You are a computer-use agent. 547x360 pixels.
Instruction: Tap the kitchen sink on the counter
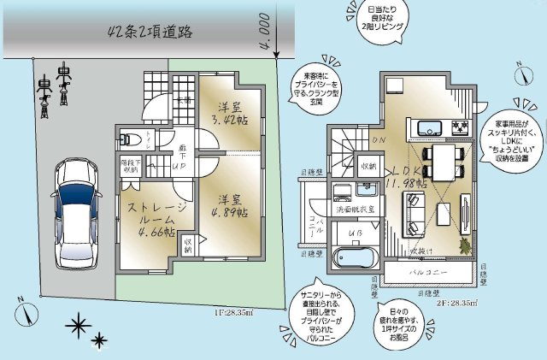coord(428,129)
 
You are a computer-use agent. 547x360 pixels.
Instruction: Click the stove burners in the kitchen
coord(459,129)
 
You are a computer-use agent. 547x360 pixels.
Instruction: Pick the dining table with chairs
coord(444,162)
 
